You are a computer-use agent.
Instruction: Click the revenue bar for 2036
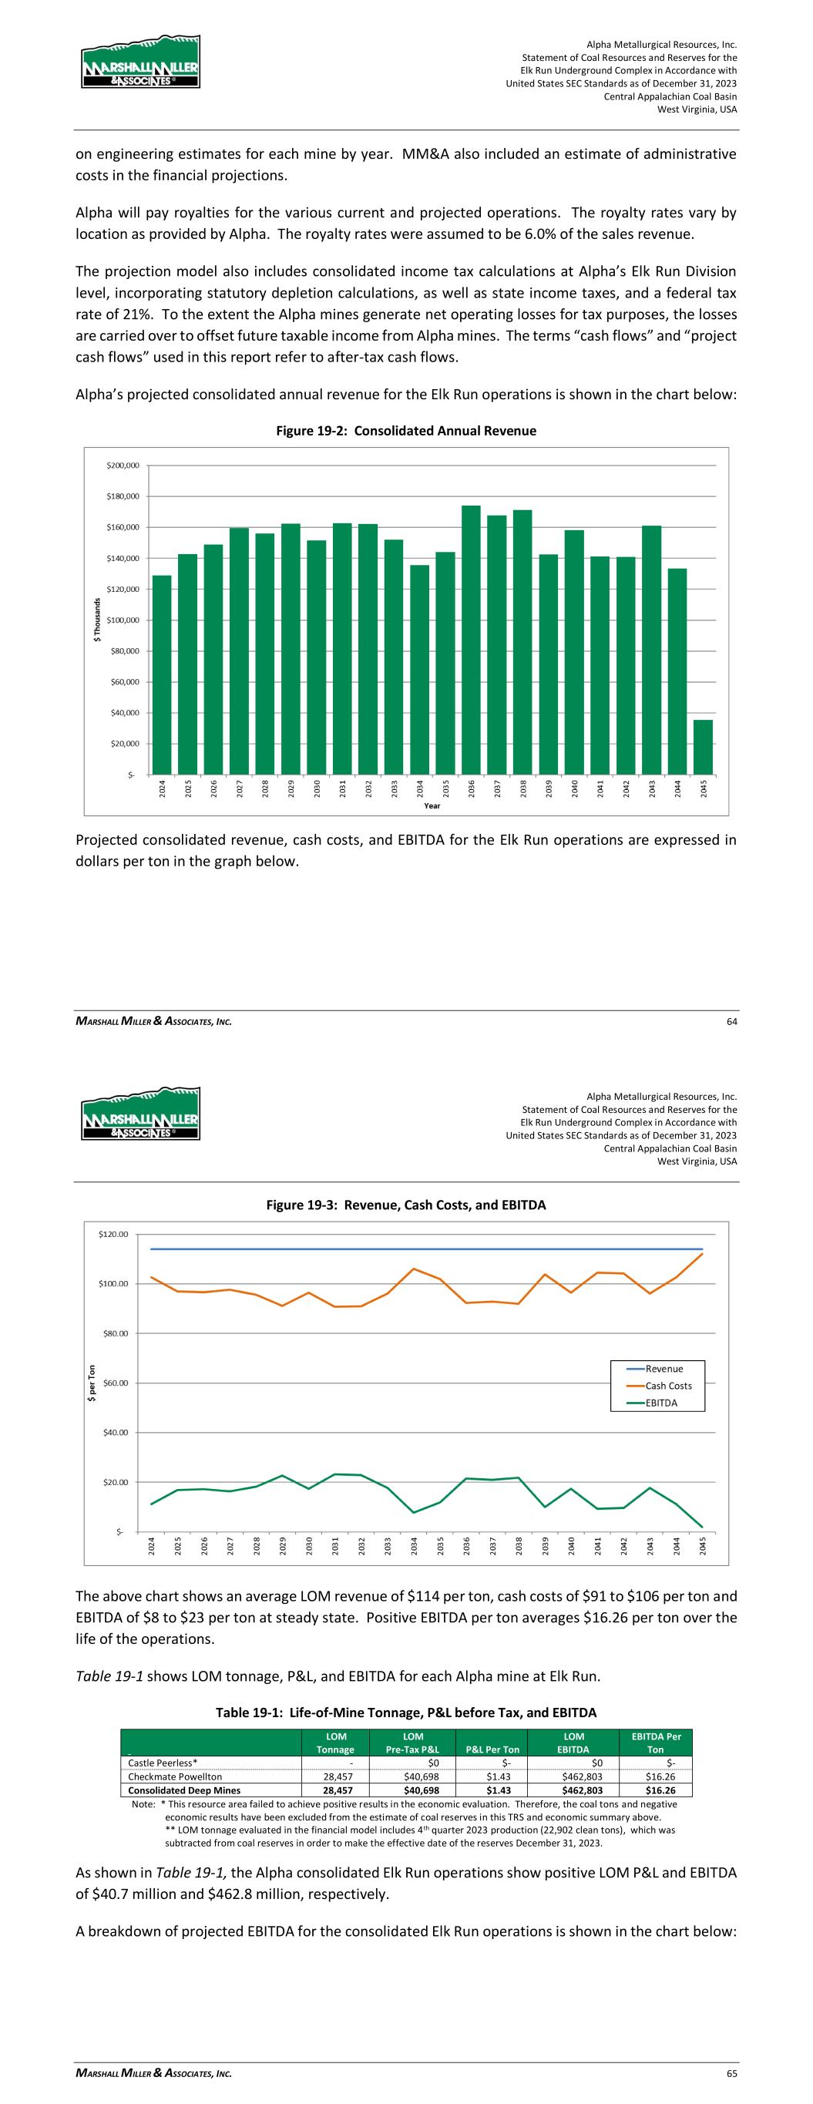point(471,640)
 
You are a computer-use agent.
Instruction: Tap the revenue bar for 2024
point(162,674)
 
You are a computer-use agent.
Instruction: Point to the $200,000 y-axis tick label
point(123,466)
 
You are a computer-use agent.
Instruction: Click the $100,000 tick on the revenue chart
point(123,620)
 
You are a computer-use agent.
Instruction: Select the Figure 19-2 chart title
point(406,431)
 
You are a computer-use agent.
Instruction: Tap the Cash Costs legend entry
point(667,1386)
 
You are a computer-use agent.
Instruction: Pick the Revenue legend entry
point(664,1369)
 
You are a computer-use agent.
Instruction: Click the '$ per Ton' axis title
point(92,1383)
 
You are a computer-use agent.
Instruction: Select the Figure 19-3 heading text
point(406,1205)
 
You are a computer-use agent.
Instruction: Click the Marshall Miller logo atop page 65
point(140,1113)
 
